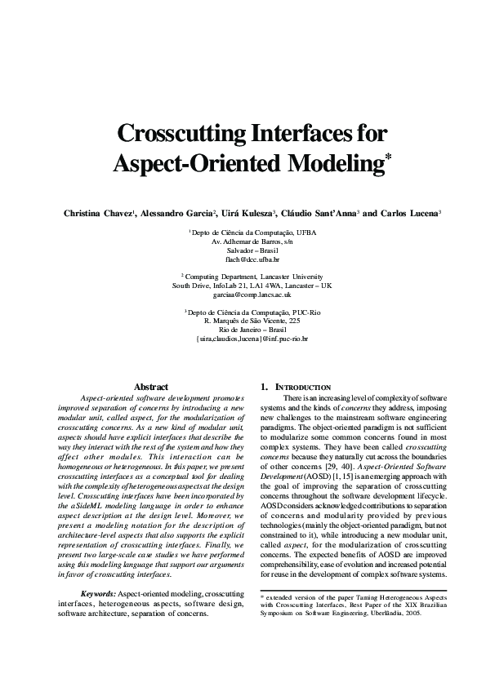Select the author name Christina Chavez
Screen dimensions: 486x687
(x=99, y=213)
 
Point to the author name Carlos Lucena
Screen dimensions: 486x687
(x=411, y=213)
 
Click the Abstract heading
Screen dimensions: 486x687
(x=150, y=387)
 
